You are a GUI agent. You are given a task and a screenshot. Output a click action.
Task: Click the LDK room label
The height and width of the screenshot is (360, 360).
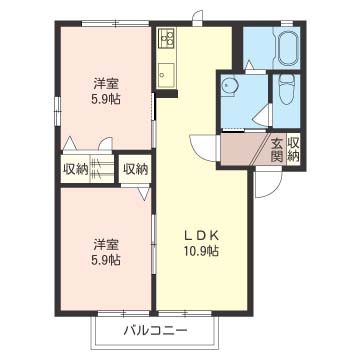pyautogui.click(x=200, y=236)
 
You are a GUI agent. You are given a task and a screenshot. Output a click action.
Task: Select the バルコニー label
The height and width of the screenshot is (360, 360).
pyautogui.click(x=155, y=329)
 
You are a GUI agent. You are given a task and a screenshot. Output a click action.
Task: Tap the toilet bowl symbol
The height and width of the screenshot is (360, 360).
pyautogui.click(x=288, y=93)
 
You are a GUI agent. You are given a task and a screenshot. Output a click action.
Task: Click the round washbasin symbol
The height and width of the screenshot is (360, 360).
pyautogui.click(x=231, y=87)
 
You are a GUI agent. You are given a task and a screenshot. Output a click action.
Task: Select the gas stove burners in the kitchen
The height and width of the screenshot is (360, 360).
pyautogui.click(x=166, y=41)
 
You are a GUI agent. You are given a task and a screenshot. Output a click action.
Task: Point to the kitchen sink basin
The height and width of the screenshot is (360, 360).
pyautogui.click(x=166, y=72)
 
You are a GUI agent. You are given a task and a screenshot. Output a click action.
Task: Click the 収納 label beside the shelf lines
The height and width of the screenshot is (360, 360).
pyautogui.click(x=75, y=168)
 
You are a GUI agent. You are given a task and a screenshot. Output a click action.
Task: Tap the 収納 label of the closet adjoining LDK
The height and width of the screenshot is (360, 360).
pyautogui.click(x=134, y=168)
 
